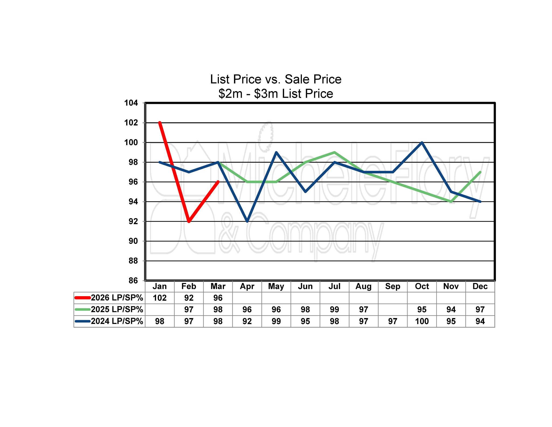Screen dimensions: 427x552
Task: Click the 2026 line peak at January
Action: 160,123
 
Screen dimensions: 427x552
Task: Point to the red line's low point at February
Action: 189,221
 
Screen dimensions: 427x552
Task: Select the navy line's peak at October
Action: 422,142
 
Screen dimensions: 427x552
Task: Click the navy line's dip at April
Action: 247,221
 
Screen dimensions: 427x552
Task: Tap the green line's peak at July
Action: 334,152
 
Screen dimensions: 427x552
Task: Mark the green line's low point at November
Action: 451,201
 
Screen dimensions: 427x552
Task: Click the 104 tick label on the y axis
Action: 131,103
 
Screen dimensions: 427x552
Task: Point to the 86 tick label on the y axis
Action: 133,281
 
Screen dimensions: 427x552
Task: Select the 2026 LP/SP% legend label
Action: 117,298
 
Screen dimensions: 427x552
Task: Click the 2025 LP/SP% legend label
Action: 117,309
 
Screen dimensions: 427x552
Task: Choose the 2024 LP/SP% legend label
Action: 117,321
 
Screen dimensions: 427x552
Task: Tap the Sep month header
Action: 393,286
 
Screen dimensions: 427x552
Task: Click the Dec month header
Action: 480,286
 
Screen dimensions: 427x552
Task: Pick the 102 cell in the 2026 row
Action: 160,298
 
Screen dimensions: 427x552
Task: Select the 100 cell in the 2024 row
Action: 422,321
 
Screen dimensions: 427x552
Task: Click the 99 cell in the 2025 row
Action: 334,309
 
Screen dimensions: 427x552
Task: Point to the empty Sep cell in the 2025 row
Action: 393,309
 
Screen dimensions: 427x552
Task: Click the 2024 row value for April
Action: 247,321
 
